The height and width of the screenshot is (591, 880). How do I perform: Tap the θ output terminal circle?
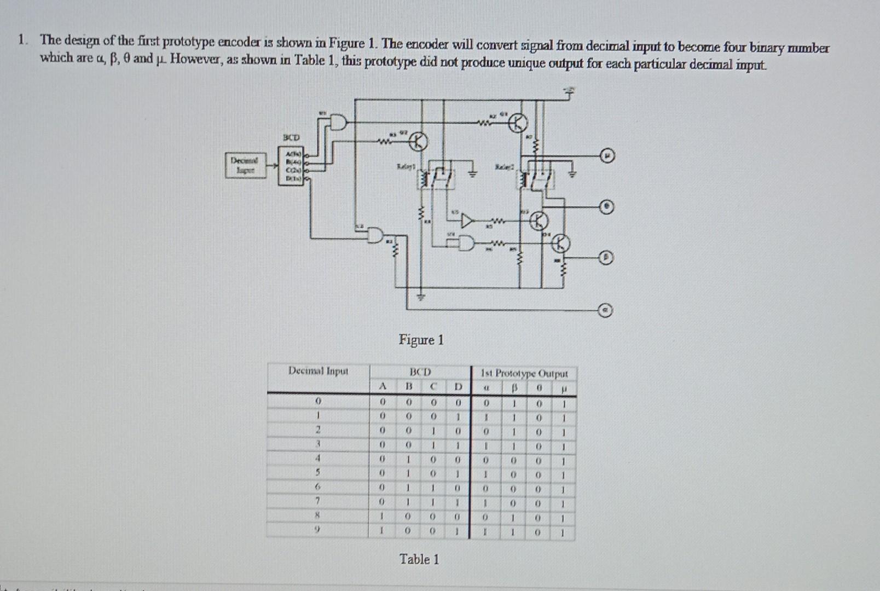[606, 207]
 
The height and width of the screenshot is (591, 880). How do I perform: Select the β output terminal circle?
[606, 257]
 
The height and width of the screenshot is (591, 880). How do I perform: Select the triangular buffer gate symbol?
[466, 221]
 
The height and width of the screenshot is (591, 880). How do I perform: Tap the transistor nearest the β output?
[561, 243]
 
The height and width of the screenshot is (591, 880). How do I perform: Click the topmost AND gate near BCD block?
[338, 122]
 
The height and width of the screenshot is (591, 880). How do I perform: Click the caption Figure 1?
[421, 340]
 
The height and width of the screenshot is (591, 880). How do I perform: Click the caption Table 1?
[419, 559]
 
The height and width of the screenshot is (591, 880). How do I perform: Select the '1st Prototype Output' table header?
[524, 374]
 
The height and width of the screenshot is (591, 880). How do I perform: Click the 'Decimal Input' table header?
[318, 371]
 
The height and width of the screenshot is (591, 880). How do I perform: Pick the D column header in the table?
[458, 387]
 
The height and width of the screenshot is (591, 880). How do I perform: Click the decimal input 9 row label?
[317, 530]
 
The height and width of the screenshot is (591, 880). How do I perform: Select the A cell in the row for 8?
[383, 516]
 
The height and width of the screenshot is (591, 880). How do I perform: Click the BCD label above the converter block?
[291, 137]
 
